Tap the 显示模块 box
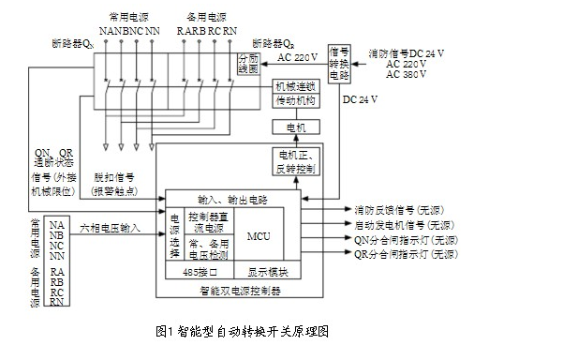pos(268,273)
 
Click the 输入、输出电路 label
pos(233,199)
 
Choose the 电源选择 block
pos(174,233)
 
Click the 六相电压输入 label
pos(110,227)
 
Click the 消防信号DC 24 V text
pos(409,53)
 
